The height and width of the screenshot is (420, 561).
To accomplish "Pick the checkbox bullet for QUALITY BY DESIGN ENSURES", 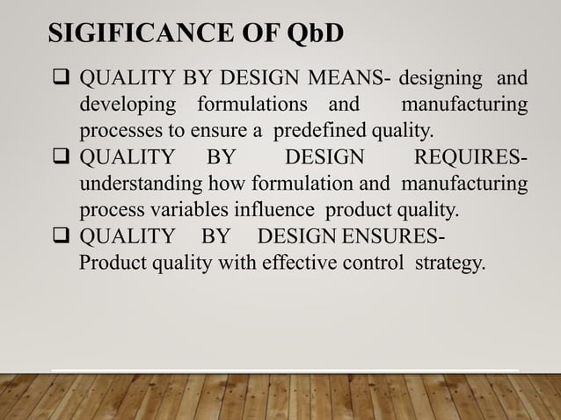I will click(x=64, y=237).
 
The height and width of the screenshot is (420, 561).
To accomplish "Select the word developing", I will click(x=125, y=106).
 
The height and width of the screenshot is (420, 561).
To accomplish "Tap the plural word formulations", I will click(x=253, y=106).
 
